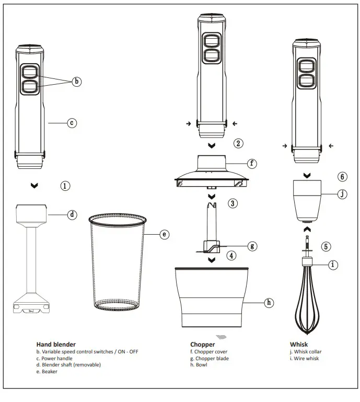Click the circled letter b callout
77,81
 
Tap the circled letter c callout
73,123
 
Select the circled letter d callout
73,214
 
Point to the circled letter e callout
165,235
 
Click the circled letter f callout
252,164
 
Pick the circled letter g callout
252,245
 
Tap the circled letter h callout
269,302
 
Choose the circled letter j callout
342,194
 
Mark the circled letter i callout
333,265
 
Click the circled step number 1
65,186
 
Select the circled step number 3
233,203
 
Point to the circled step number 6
343,177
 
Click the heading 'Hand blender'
56,344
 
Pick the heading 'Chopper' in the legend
202,344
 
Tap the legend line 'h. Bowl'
199,365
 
